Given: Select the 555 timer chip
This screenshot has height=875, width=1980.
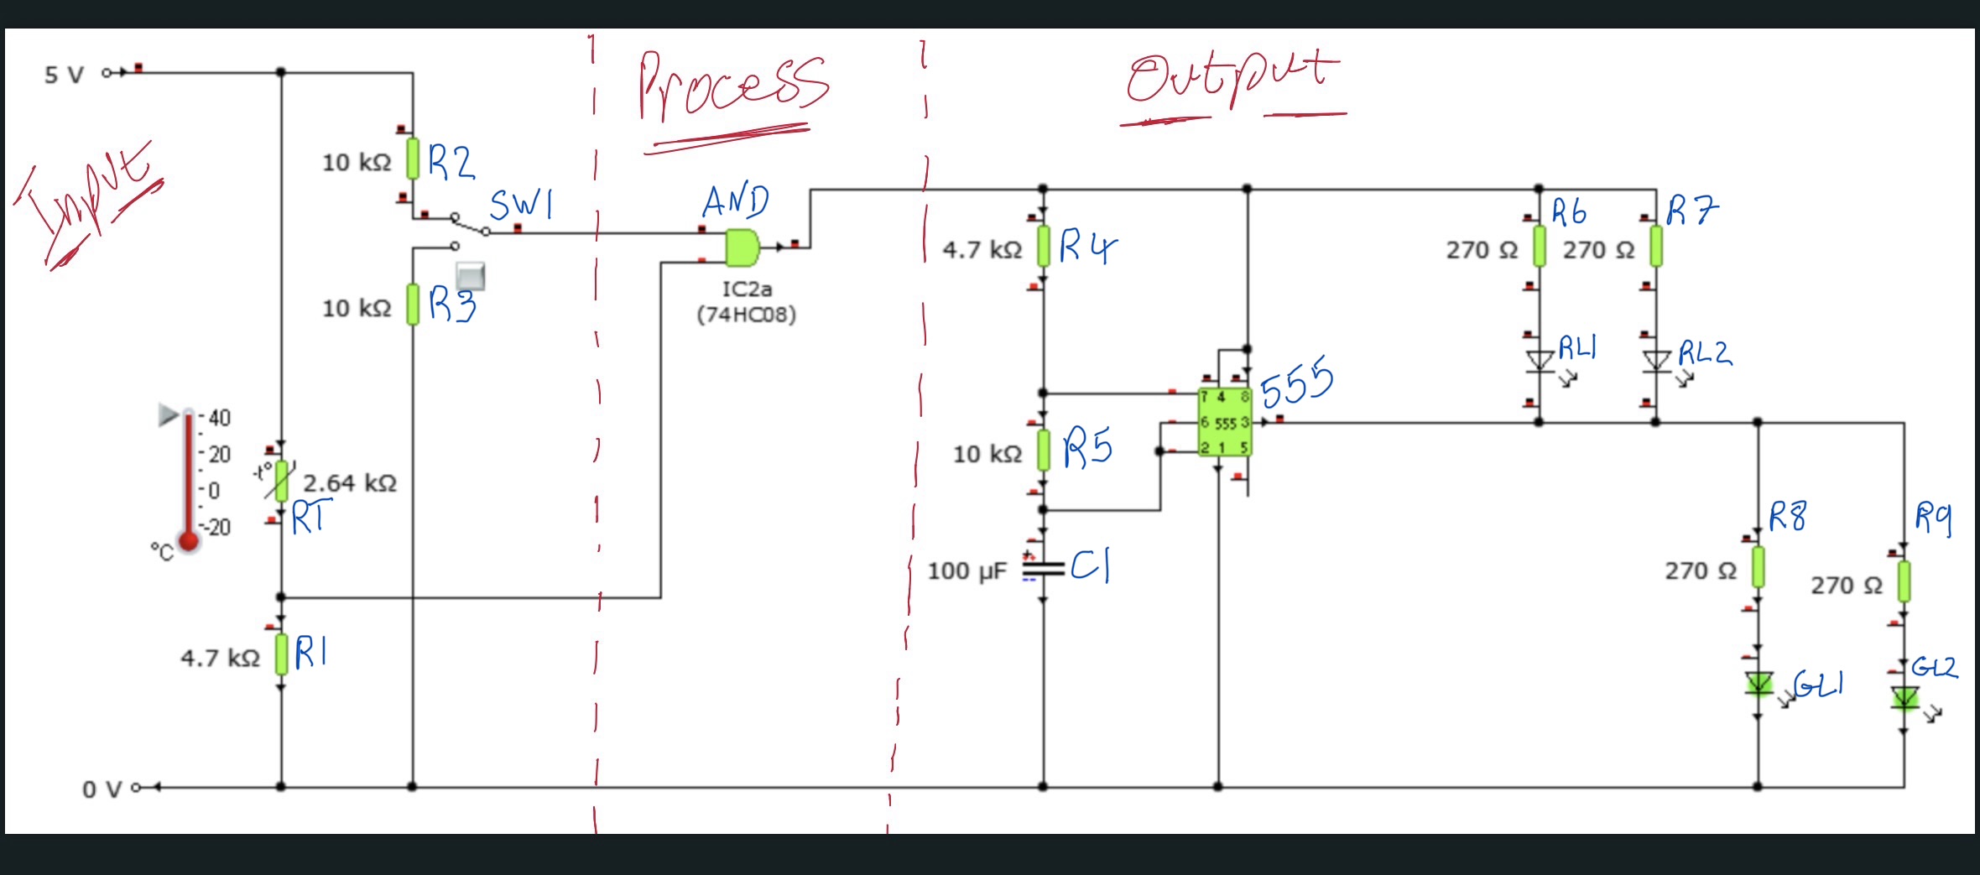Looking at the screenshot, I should point(1224,422).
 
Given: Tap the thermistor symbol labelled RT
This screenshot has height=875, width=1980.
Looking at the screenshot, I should point(282,482).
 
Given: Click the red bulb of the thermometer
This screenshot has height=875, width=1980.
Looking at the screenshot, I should point(189,541).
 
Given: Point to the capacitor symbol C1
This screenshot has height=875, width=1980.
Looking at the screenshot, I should point(1043,569).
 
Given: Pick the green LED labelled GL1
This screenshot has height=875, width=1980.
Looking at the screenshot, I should point(1759,684).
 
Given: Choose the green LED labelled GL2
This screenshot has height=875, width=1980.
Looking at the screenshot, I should point(1904,697).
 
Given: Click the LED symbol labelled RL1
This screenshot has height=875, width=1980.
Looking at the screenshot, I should point(1539,361).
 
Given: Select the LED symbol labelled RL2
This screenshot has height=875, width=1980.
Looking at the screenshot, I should point(1655,361).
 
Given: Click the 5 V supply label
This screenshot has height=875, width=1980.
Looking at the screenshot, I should point(64,76).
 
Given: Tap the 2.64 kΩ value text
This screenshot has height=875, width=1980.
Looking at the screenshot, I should point(349,483).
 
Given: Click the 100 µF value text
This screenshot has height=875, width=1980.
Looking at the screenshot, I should point(967,571).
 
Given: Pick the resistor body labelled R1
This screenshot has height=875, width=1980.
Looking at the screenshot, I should point(281,654).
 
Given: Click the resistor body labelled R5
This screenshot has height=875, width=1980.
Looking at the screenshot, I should point(1044,451).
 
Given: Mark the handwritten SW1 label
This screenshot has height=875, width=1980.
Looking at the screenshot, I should point(521,204).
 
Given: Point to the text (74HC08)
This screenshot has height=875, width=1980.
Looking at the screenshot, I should point(746,315).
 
